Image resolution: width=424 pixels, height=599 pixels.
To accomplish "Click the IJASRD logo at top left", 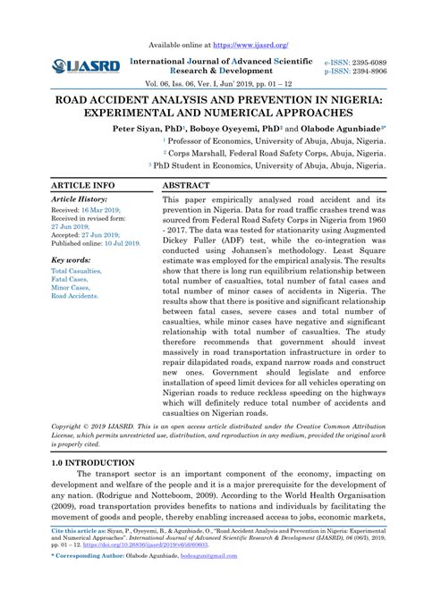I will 86,65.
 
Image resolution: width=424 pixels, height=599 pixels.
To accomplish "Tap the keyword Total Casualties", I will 76,269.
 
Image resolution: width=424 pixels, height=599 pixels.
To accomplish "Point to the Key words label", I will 72,259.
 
